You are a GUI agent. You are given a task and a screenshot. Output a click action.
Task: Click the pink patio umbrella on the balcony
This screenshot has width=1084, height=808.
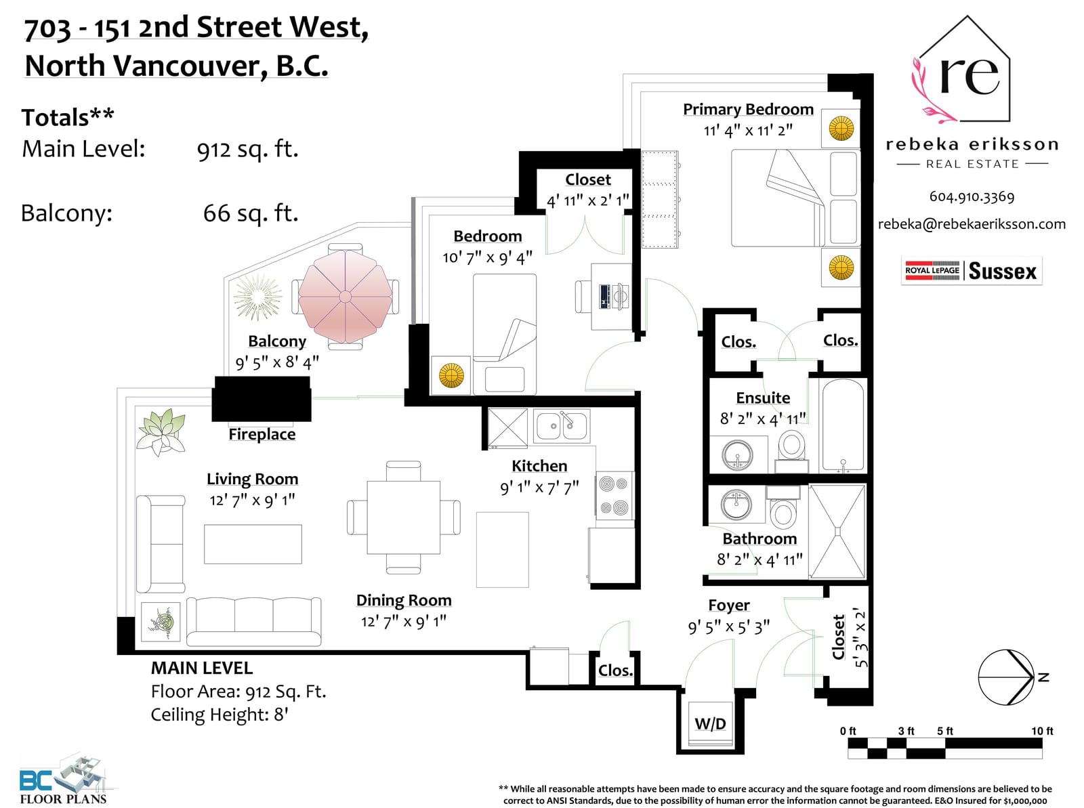tap(346, 296)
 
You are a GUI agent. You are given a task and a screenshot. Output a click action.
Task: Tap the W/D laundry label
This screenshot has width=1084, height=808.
tap(710, 723)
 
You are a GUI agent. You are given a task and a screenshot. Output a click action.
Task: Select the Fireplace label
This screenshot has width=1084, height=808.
tap(262, 434)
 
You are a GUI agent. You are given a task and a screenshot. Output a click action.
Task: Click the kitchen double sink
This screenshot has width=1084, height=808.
tap(562, 426)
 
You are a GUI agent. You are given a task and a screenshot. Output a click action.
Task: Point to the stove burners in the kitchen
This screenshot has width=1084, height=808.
tap(614, 496)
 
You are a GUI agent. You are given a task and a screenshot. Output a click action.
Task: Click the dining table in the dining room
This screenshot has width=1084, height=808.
tap(404, 517)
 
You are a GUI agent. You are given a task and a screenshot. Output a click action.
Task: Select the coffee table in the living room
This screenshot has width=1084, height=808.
tap(253, 544)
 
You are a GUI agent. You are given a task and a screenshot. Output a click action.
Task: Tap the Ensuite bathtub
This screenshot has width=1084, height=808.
tap(843, 425)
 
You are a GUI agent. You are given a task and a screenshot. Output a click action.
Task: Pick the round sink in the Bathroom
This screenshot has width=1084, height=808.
tap(736, 505)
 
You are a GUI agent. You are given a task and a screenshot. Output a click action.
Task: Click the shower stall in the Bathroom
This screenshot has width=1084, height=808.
tap(837, 531)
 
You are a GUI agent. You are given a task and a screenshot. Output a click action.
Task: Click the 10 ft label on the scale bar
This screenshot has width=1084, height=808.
tap(1042, 731)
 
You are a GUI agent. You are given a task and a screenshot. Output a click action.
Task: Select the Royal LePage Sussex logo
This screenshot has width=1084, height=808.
tap(972, 271)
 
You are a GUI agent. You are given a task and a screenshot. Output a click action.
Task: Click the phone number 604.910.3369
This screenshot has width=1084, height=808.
tap(972, 196)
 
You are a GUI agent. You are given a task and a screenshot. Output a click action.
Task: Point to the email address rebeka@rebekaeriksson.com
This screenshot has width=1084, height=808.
tap(972, 224)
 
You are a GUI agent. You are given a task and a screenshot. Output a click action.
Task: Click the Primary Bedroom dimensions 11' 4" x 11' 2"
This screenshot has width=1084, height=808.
tap(748, 131)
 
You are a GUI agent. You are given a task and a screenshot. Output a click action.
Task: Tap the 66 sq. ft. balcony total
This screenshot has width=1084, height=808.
tap(251, 213)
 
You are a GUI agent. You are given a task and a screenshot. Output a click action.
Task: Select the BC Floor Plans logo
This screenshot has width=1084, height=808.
tap(63, 778)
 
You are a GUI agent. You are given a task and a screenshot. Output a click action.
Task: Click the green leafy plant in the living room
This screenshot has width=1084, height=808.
tap(161, 431)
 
